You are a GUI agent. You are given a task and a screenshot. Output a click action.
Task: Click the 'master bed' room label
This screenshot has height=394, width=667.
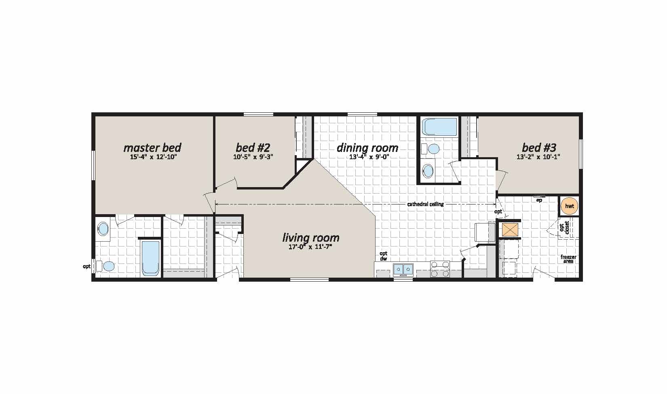pos(152,147)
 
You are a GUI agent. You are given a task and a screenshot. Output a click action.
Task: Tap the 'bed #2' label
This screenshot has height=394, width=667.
pos(253,147)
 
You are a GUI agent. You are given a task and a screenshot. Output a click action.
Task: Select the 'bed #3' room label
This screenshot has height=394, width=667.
pos(539,147)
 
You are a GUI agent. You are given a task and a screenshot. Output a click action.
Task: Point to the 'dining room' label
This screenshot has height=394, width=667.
pos(367,147)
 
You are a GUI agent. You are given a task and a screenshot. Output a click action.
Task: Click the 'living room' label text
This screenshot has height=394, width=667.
pos(310,238)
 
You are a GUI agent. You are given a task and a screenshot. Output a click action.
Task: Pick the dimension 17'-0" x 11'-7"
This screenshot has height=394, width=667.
pos(310,247)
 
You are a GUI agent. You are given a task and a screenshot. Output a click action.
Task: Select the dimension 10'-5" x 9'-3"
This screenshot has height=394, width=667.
pos(253,157)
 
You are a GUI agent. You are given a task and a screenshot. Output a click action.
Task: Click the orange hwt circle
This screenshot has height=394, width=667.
pos(569,206)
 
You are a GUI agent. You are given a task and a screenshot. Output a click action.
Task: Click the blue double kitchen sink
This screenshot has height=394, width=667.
pos(403,270)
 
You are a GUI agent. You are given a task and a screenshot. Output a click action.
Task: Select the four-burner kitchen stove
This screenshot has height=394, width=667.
pos(440,269)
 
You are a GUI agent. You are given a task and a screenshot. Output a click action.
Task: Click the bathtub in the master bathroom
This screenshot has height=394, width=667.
pos(151,258)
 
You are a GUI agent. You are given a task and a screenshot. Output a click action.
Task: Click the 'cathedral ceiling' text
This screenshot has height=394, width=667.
pos(425,204)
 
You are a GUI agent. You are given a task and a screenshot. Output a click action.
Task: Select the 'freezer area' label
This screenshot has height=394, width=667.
pos(568,259)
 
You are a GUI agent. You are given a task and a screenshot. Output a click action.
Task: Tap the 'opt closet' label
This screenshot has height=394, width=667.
pos(564,228)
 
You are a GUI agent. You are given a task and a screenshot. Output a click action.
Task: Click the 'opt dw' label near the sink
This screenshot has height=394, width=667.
pos(383,256)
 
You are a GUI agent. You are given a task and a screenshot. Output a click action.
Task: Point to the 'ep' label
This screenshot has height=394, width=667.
pos(539,200)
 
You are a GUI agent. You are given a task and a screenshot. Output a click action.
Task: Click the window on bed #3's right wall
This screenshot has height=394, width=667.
pos(580,154)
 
